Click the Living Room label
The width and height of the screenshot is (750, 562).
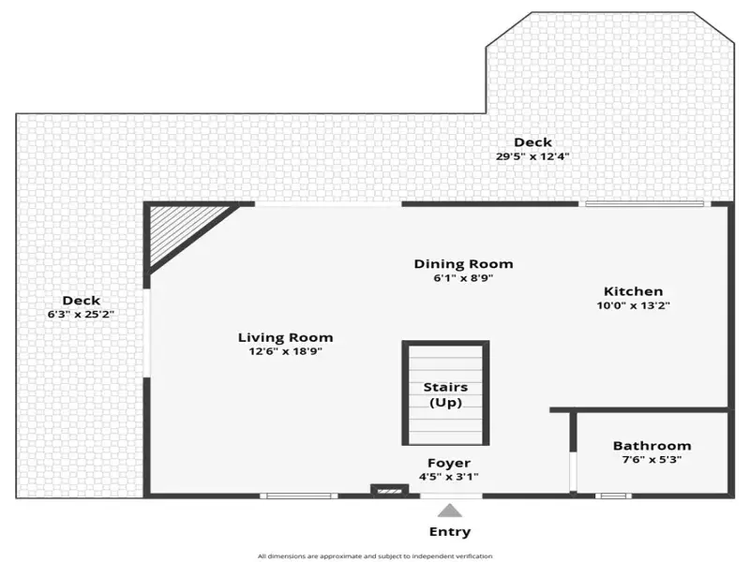(286, 337)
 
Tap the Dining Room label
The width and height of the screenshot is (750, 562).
(463, 264)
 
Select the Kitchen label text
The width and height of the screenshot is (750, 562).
(634, 291)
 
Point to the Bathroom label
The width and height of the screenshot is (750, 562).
(652, 446)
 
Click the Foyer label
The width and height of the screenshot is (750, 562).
(449, 463)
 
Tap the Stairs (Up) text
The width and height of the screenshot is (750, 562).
(445, 394)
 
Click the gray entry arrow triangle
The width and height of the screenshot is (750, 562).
(450, 510)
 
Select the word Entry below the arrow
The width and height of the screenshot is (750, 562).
(450, 532)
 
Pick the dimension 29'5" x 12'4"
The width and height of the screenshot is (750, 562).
(532, 156)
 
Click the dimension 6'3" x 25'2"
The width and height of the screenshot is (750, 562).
(81, 315)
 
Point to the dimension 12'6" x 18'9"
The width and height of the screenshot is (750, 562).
(286, 351)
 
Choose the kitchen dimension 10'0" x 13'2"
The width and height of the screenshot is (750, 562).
(634, 305)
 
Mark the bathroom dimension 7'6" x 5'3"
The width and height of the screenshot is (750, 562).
(652, 460)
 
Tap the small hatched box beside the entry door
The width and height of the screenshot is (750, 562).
(389, 491)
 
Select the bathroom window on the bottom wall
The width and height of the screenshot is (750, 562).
(613, 496)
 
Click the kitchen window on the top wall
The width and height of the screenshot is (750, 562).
(644, 204)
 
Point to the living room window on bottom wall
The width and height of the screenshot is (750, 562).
(298, 496)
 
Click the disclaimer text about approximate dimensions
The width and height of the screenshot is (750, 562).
(375, 556)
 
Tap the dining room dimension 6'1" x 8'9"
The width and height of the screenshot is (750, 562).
(463, 278)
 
